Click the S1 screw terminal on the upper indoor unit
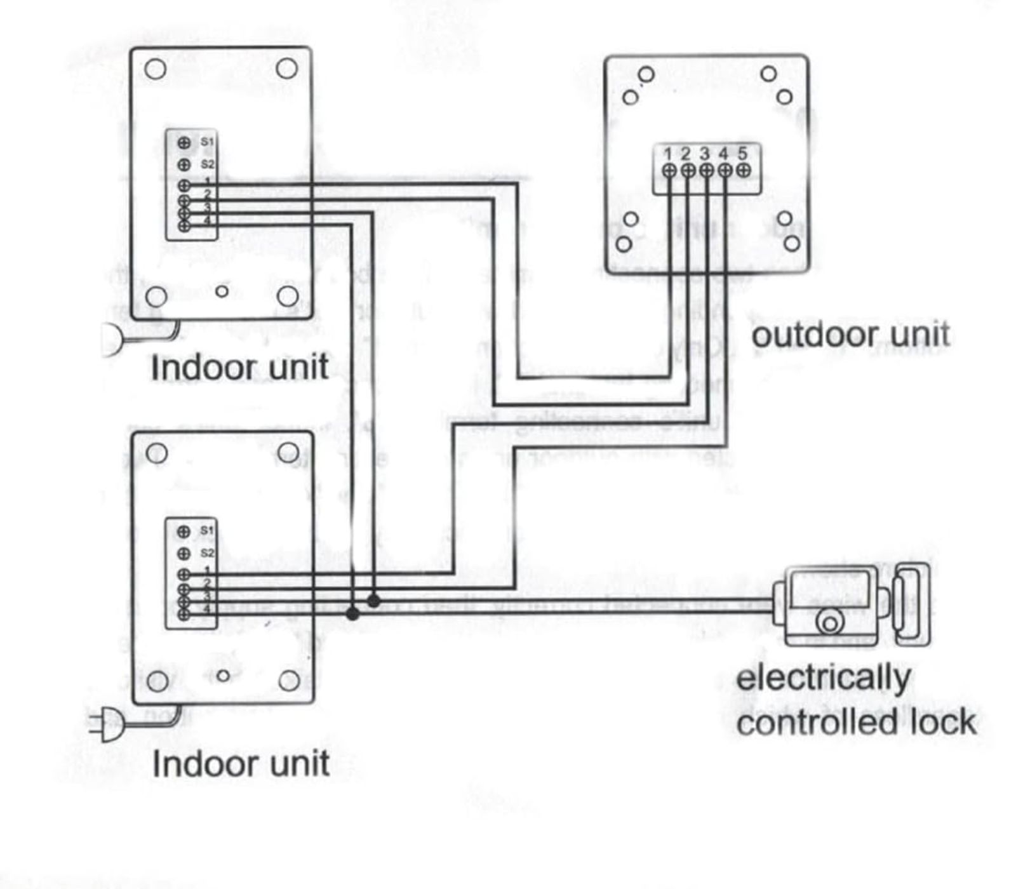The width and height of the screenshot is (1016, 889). pos(184,142)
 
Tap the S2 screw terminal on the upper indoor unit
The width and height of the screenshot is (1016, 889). pos(184,165)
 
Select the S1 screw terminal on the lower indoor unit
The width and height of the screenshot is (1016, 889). pos(184,531)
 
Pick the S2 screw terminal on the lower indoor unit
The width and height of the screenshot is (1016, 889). pos(184,554)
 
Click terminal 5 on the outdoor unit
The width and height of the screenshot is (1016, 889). pos(744,170)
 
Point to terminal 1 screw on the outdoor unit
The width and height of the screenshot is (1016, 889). pos(669,170)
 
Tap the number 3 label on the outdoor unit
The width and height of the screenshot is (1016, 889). pos(705,154)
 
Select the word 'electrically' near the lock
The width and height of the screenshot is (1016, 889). pos(824,678)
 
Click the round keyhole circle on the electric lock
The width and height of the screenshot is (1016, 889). pos(830,622)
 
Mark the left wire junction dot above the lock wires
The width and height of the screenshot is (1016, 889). pos(352,614)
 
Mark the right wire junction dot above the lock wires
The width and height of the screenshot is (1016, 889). pos(374,600)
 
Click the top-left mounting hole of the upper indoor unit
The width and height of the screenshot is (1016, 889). pos(156,69)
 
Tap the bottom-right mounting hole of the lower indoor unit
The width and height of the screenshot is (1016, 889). pos(289,681)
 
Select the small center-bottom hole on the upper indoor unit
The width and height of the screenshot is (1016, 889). pos(222,291)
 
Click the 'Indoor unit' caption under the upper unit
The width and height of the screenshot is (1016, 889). pos(239,368)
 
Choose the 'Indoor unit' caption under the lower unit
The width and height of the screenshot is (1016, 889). pos(241,764)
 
